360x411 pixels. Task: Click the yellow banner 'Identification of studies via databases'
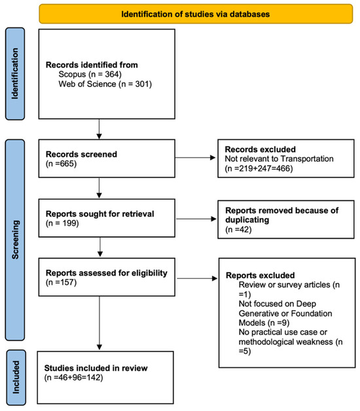pyautogui.click(x=196, y=14)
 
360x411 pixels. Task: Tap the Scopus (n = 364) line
pyautogui.click(x=90, y=74)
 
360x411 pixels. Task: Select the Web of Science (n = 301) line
pyautogui.click(x=105, y=84)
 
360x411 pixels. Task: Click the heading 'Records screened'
pyautogui.click(x=81, y=154)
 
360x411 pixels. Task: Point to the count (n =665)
pyautogui.click(x=61, y=164)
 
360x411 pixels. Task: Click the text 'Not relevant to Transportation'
pyautogui.click(x=279, y=158)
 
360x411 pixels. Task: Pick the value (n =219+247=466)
pyautogui.click(x=259, y=168)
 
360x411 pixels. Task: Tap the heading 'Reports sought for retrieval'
pyautogui.click(x=100, y=213)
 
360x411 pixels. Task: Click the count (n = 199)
pyautogui.click(x=62, y=223)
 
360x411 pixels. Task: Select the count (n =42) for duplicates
pyautogui.click(x=238, y=229)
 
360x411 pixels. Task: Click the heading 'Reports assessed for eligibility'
pyautogui.click(x=107, y=273)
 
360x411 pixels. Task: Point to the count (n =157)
pyautogui.click(x=61, y=282)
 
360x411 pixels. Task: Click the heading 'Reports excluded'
pyautogui.click(x=260, y=276)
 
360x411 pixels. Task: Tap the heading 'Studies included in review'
pyautogui.click(x=96, y=368)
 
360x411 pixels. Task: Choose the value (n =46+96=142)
pyautogui.click(x=73, y=378)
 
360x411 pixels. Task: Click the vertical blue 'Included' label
pyautogui.click(x=16, y=378)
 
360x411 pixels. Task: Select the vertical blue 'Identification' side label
pyautogui.click(x=15, y=74)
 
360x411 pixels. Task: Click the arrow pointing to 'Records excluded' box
pyautogui.click(x=195, y=158)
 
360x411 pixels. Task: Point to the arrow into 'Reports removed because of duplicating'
pyautogui.click(x=196, y=219)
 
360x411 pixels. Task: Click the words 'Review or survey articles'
pyautogui.click(x=284, y=285)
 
